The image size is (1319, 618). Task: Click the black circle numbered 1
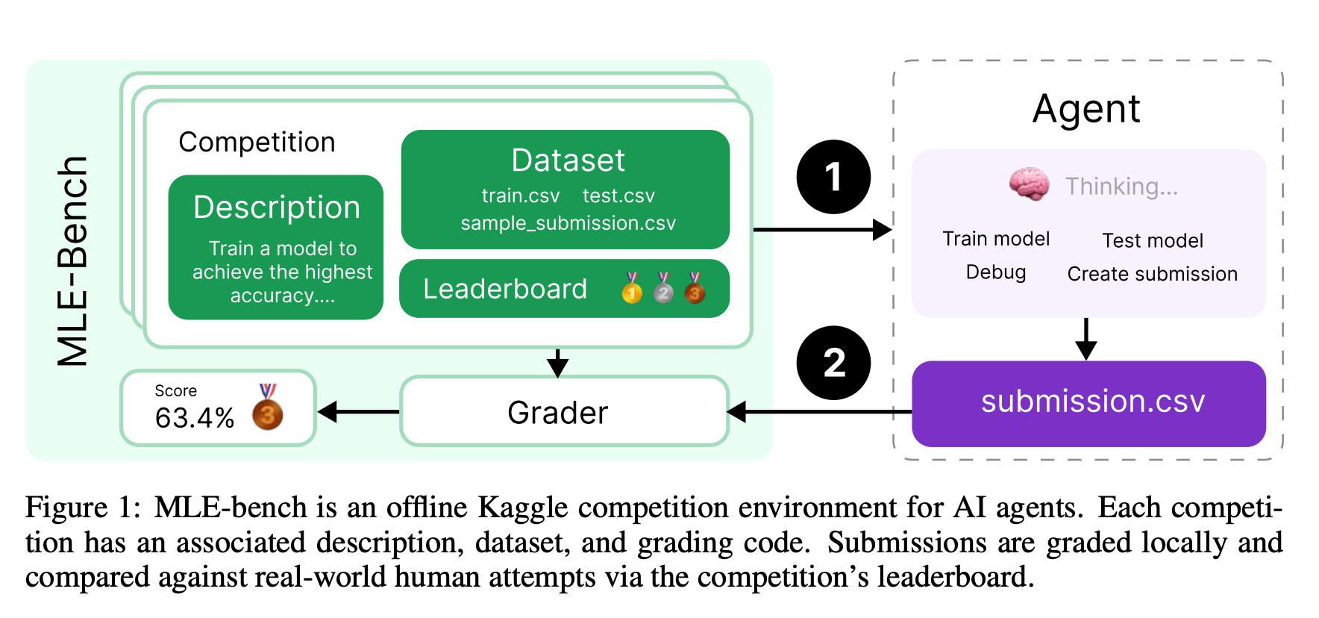(x=833, y=177)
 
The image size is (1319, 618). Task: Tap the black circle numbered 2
(x=833, y=363)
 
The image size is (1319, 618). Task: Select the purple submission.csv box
(x=1088, y=404)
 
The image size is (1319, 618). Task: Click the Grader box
(x=564, y=411)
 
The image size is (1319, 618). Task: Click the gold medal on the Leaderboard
(x=632, y=288)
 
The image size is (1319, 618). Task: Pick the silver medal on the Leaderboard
(x=663, y=288)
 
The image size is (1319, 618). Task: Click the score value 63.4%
(x=195, y=418)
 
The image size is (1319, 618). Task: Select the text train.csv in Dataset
(x=521, y=196)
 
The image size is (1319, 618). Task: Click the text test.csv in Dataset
(x=618, y=196)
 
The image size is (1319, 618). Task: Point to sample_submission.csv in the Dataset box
(x=568, y=223)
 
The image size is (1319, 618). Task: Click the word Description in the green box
(x=277, y=207)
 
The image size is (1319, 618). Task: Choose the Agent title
(x=1086, y=110)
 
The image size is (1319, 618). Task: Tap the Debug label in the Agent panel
(x=996, y=272)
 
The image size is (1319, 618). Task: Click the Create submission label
(x=1153, y=274)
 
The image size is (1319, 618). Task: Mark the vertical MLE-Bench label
(x=72, y=261)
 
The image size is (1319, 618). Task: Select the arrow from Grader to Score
(x=359, y=411)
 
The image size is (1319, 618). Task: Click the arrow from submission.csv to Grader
(x=819, y=411)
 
